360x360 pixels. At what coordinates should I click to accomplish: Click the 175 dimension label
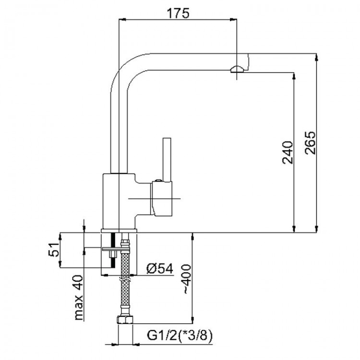[178, 13]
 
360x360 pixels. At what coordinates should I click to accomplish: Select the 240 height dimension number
[288, 153]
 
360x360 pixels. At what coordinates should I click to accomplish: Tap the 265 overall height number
[310, 143]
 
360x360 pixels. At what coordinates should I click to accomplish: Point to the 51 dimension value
[54, 249]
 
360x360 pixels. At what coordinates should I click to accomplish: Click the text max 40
[79, 298]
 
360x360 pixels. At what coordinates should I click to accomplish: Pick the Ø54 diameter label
[160, 268]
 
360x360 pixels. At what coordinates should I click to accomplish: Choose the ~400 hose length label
[186, 279]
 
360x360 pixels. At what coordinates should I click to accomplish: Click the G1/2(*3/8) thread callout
[180, 336]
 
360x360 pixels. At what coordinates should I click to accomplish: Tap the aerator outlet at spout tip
[237, 69]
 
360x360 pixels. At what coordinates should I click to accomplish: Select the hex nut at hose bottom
[125, 320]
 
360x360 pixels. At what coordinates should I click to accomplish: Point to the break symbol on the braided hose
[125, 280]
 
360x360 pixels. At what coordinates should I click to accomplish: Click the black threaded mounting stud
[113, 250]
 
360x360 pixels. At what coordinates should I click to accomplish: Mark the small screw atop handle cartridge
[158, 180]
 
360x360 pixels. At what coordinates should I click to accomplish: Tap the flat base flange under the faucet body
[119, 230]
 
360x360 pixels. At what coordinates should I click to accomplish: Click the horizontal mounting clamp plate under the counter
[116, 249]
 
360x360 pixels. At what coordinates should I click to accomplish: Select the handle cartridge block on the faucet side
[161, 199]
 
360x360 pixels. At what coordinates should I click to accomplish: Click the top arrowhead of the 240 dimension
[294, 76]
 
